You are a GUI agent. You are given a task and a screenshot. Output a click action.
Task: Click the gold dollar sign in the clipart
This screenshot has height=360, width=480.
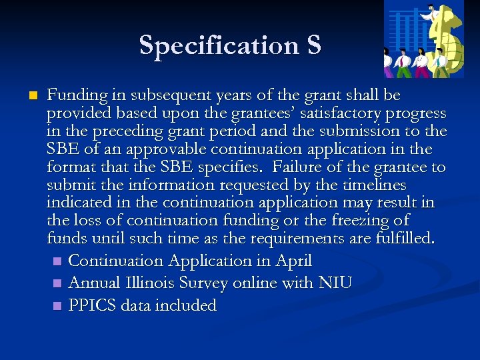point(445,37)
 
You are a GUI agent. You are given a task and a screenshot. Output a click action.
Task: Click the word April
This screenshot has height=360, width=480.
point(293,261)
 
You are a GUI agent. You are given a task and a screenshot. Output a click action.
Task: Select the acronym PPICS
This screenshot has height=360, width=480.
point(91,306)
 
